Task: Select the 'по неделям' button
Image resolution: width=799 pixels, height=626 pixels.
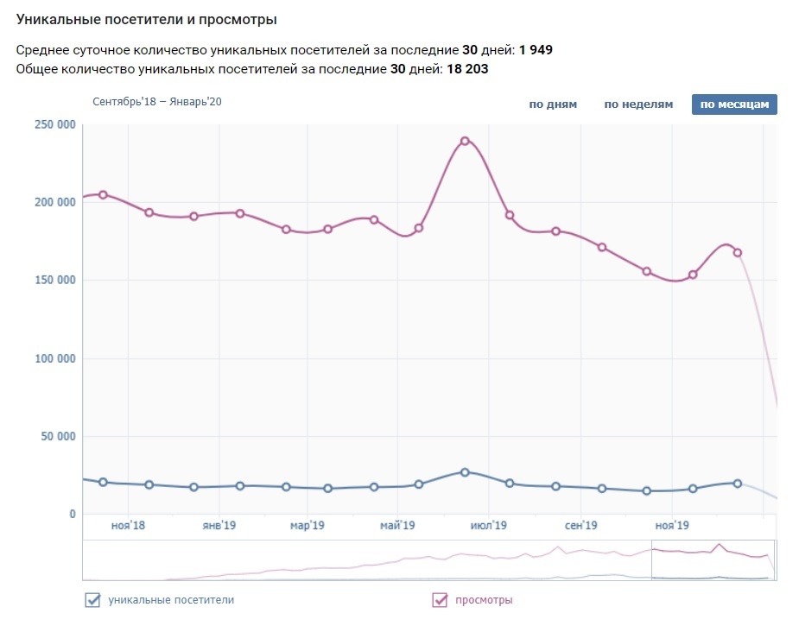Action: [638, 104]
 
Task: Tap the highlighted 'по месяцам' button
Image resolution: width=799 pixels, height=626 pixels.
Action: [734, 104]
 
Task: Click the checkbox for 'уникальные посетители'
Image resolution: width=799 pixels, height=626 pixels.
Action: [92, 600]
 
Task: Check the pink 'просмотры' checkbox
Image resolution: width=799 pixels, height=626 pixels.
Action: [440, 600]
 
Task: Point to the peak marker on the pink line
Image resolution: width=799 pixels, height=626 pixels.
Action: [465, 141]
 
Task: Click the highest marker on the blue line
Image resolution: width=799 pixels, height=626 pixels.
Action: [465, 472]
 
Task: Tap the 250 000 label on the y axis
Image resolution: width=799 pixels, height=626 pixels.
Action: [54, 125]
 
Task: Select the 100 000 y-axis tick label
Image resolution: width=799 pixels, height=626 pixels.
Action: [54, 358]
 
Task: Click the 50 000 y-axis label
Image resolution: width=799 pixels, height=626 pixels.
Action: [57, 436]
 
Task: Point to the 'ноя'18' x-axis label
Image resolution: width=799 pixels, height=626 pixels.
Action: [127, 525]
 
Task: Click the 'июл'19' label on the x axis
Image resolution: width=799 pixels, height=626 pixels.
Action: [488, 525]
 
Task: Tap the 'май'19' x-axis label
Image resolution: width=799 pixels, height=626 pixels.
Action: [397, 525]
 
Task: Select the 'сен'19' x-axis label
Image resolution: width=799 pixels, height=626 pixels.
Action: [581, 525]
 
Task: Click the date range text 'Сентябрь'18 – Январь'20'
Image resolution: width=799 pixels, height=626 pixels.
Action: [157, 102]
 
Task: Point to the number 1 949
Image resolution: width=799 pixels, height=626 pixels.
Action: [536, 50]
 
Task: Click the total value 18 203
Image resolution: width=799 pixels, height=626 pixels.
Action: [467, 69]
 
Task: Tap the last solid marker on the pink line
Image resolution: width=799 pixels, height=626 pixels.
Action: [738, 253]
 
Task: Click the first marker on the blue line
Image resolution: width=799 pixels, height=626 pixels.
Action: [103, 482]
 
